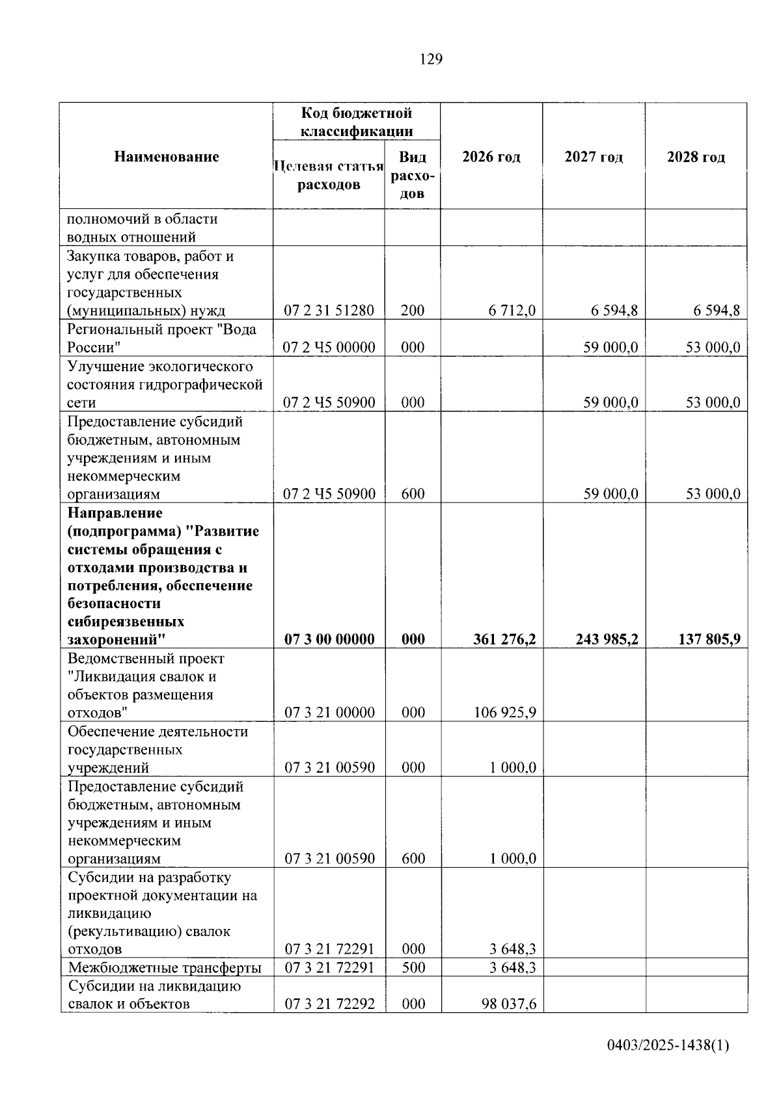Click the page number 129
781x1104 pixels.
click(431, 60)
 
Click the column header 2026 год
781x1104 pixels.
click(491, 157)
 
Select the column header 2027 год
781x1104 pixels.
click(594, 157)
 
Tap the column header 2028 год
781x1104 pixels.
click(696, 157)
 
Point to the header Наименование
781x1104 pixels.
click(167, 156)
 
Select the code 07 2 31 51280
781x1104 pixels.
click(329, 310)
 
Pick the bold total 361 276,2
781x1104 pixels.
click(505, 639)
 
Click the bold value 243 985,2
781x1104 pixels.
click(607, 639)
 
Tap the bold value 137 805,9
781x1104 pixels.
click(709, 639)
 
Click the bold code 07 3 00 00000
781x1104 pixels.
click(329, 639)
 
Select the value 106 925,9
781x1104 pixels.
click(505, 712)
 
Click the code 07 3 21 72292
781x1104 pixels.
click(329, 1004)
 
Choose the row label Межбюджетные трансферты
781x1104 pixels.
click(165, 967)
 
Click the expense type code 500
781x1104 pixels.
click(413, 967)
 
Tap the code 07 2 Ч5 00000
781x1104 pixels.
click(329, 347)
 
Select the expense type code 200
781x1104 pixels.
click(413, 310)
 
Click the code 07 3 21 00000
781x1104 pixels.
click(329, 712)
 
